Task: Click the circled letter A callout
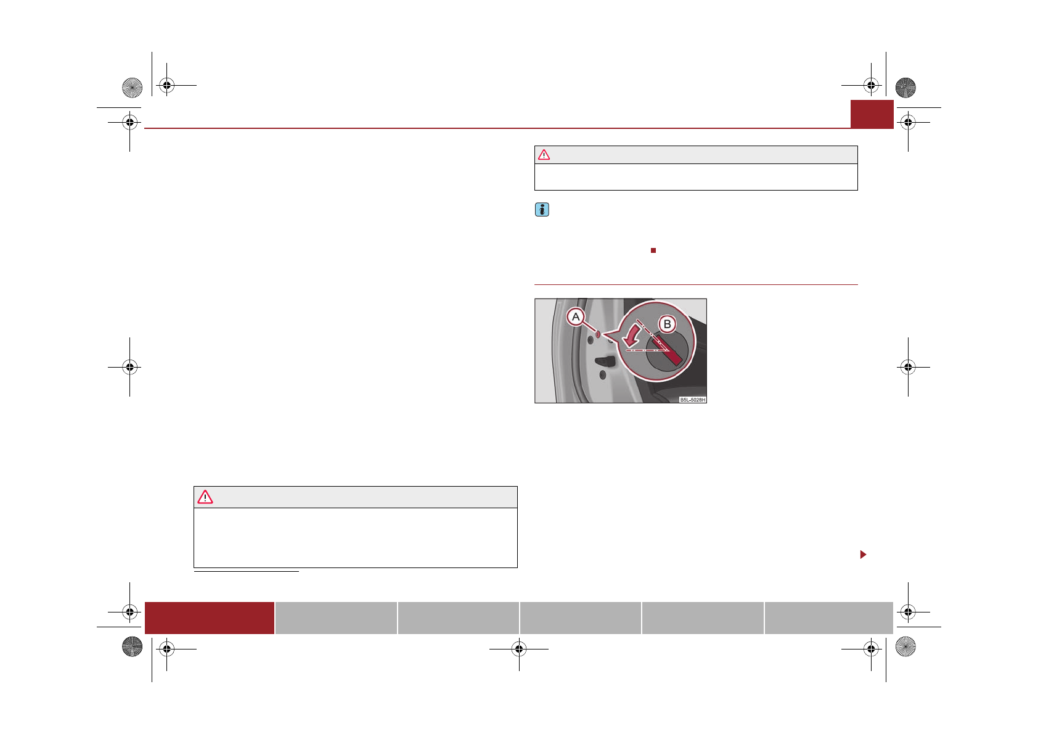(x=576, y=317)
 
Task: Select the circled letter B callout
(x=668, y=324)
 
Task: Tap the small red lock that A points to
(x=598, y=334)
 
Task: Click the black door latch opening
(x=606, y=360)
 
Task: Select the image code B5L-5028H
(x=692, y=400)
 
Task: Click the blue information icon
(x=542, y=210)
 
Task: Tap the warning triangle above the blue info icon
(x=544, y=155)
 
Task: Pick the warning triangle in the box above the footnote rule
(x=205, y=498)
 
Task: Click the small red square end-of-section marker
(x=653, y=250)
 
